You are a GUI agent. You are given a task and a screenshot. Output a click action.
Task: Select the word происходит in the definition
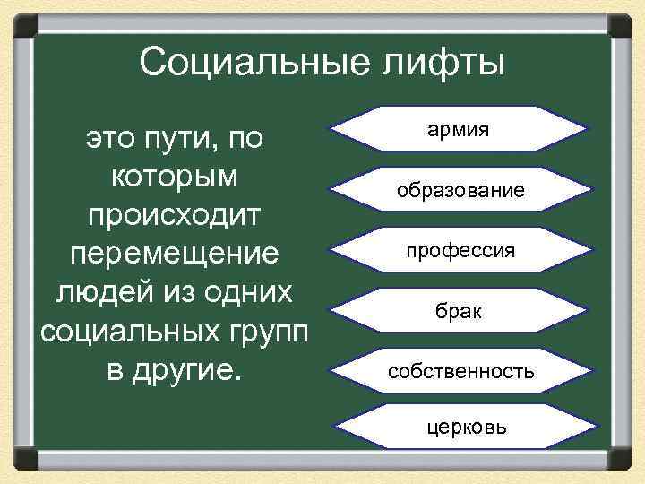point(176,216)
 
